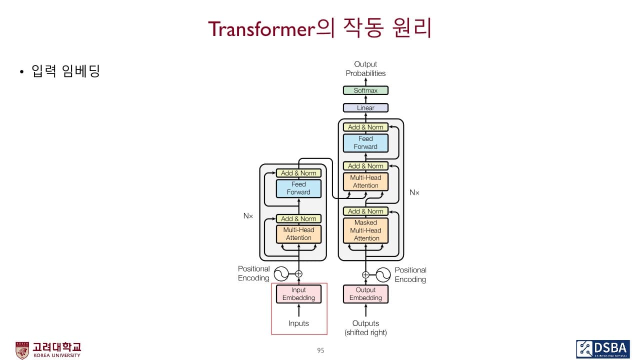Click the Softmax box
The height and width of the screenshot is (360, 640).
pyautogui.click(x=365, y=90)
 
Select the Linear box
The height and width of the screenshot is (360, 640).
pyautogui.click(x=365, y=107)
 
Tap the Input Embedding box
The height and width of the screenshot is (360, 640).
pyautogui.click(x=298, y=294)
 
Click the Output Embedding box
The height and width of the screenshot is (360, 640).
pyautogui.click(x=365, y=294)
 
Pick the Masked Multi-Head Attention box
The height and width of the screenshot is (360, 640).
pyautogui.click(x=365, y=230)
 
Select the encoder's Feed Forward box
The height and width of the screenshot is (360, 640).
pyautogui.click(x=298, y=188)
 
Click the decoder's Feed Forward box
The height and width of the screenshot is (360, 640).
pyautogui.click(x=365, y=142)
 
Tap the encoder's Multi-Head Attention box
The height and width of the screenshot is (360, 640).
pyautogui.click(x=298, y=234)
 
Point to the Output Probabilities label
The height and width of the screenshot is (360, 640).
pyautogui.click(x=365, y=69)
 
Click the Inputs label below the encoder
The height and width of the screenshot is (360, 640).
pyautogui.click(x=298, y=323)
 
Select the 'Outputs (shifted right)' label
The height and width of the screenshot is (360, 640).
pyautogui.click(x=365, y=328)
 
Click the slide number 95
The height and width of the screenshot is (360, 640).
pyautogui.click(x=320, y=350)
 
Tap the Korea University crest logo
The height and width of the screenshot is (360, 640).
pyautogui.click(x=22, y=350)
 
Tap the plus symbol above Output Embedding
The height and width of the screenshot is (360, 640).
pyautogui.click(x=365, y=274)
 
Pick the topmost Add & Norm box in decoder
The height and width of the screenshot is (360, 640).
pyautogui.click(x=365, y=127)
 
